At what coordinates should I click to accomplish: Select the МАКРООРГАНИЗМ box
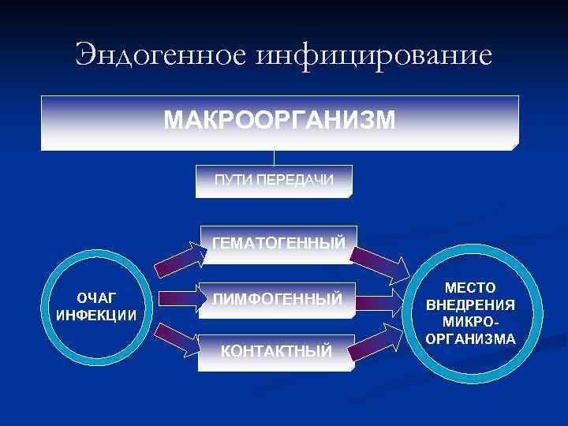[x=279, y=122]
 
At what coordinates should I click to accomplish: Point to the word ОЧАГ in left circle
[x=95, y=297]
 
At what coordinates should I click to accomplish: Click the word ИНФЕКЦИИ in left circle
[x=95, y=314]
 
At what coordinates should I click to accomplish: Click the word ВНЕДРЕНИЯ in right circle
[x=469, y=305]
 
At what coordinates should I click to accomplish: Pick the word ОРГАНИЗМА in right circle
[x=469, y=340]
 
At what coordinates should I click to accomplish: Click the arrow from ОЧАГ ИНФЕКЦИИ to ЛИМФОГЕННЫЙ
[x=178, y=298]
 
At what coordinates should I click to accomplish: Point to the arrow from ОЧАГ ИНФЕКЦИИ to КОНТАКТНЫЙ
[x=181, y=339]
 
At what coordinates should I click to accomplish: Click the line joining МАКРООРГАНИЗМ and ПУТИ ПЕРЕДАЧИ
[x=275, y=158]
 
